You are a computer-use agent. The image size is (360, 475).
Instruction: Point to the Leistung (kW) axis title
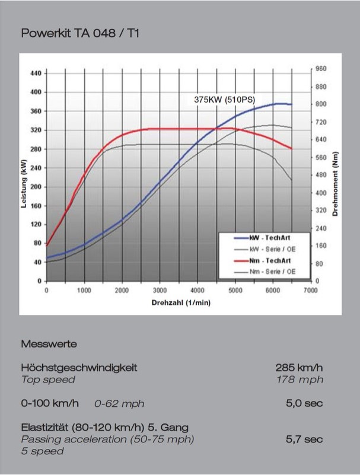(x=24, y=177)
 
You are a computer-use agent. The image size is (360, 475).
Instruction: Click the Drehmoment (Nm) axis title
(x=336, y=176)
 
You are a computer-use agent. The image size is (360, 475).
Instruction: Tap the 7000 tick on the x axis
(x=310, y=291)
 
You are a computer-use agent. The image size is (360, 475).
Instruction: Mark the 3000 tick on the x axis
(x=160, y=291)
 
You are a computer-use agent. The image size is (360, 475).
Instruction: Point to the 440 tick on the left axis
(x=35, y=73)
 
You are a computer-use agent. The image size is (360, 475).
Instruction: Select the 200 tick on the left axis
(x=35, y=186)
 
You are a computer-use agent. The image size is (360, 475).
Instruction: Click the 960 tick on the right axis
(x=321, y=69)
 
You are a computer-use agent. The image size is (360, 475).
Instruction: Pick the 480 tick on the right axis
(x=321, y=175)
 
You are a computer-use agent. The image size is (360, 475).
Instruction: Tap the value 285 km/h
(x=299, y=368)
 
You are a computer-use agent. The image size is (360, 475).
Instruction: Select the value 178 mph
(x=300, y=380)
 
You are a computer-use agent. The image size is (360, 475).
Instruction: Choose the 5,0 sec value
(x=304, y=404)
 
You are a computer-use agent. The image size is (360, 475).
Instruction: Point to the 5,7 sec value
(x=304, y=439)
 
